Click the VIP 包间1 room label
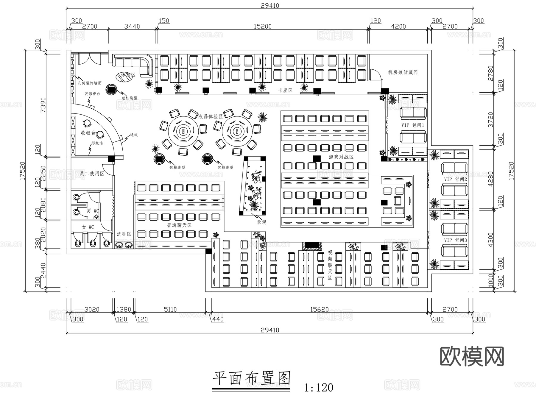click(412, 125)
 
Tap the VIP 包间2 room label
click(455, 179)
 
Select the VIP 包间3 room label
click(455, 240)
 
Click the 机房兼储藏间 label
click(403, 72)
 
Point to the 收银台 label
click(88, 133)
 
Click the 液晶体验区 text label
click(211, 117)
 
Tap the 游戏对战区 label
click(341, 157)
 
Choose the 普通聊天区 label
click(179, 225)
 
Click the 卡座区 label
click(285, 90)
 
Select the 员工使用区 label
click(92, 174)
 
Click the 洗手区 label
click(124, 234)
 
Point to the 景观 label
click(261, 222)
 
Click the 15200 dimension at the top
click(262, 26)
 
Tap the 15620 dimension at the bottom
click(319, 309)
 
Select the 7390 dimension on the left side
click(43, 104)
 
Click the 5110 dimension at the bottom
click(170, 309)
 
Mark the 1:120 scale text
click(318, 388)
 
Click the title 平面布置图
click(251, 378)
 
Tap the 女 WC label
click(88, 227)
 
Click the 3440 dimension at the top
click(132, 26)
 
